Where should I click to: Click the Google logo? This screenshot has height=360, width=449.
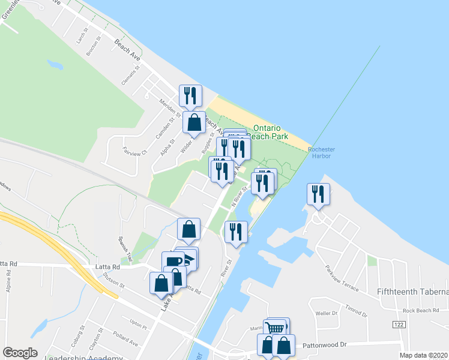20,353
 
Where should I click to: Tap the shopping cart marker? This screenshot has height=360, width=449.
276,328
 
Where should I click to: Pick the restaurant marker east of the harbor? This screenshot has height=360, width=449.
318,194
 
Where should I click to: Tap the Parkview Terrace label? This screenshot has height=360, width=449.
343,279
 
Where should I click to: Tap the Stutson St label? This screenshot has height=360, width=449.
113,281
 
